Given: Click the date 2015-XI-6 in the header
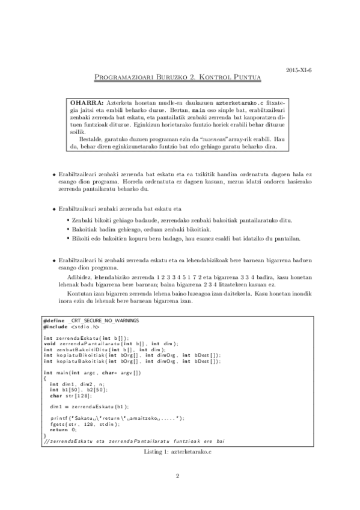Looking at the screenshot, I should (x=299, y=69).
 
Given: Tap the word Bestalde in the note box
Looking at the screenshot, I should (x=92, y=138).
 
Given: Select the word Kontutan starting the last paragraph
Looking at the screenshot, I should (x=81, y=294).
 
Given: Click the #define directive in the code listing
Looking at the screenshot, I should (x=55, y=320).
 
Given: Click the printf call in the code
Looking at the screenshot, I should (x=59, y=417).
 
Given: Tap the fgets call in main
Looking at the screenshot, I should (x=57, y=423).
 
